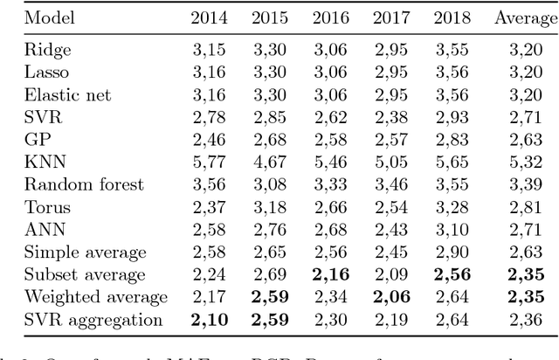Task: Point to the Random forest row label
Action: click(72, 184)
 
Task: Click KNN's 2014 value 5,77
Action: click(210, 162)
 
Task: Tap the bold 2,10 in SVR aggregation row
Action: click(210, 321)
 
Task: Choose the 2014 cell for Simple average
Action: click(210, 253)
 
